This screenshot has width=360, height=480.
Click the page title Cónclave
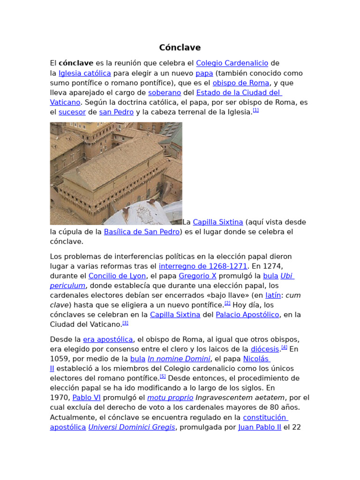point(180,47)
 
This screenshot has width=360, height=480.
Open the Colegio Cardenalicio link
point(232,63)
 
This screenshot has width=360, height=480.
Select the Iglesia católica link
point(85,73)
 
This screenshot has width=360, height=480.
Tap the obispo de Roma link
point(241,83)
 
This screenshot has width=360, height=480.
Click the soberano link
point(165,92)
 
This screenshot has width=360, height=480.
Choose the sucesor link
point(72,112)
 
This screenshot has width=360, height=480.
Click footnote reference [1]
point(255,110)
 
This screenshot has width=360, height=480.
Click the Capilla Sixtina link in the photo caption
point(218,222)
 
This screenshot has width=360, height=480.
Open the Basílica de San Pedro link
point(142,232)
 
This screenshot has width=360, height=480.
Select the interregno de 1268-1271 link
point(203,266)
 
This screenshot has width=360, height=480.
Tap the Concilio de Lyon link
point(118,276)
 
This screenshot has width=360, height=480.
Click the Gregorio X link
point(197,276)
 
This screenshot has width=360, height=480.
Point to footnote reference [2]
point(227,303)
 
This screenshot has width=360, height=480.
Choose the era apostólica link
point(108,339)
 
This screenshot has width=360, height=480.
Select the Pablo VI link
point(87,397)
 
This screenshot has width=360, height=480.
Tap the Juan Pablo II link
point(260,427)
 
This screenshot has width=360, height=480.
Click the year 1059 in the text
point(60,359)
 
